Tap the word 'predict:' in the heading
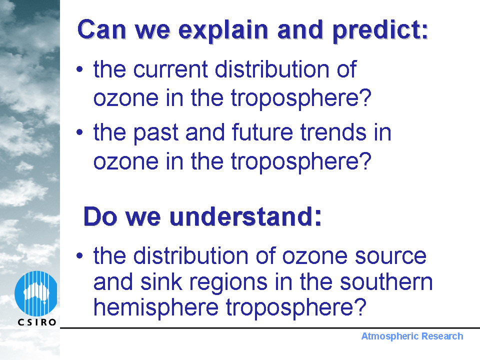click(380, 30)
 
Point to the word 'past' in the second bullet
click(156, 133)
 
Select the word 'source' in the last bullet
click(390, 256)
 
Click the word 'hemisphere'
click(156, 307)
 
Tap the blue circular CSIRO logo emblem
click(36, 293)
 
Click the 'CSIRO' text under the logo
click(37, 322)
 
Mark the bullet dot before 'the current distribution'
click(79, 69)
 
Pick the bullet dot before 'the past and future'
click(79, 132)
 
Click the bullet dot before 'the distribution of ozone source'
click(79, 255)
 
